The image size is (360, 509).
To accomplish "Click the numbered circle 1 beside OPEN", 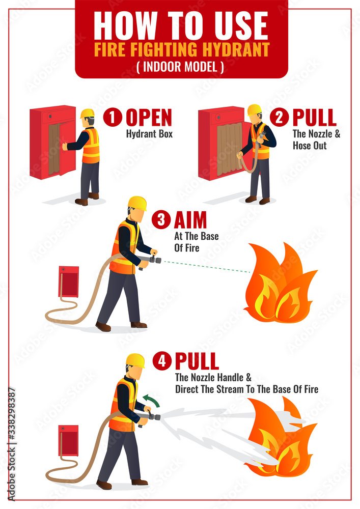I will point(113,118).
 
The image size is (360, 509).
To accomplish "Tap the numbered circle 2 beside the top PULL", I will point(279,118).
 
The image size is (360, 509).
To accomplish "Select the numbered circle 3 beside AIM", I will point(161,220).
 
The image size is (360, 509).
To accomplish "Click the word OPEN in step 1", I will point(149,118).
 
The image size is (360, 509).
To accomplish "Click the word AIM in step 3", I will point(190,220).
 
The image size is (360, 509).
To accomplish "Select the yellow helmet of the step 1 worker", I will point(87,113).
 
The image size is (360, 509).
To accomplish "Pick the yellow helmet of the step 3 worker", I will point(137,203).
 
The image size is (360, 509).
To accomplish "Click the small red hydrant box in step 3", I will point(68,281).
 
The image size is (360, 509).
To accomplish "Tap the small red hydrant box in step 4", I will point(68,440).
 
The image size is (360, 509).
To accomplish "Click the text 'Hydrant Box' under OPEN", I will point(149,134).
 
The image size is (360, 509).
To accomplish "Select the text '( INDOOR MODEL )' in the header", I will point(180,67).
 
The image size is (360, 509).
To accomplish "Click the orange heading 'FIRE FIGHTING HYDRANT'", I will point(181,49).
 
